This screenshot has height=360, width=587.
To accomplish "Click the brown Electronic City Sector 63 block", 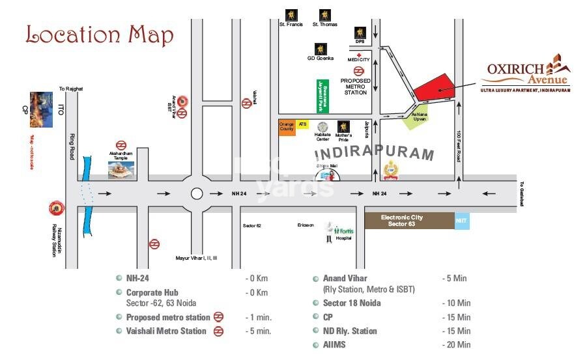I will click(x=408, y=221).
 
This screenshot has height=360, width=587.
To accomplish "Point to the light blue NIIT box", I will click(x=461, y=221).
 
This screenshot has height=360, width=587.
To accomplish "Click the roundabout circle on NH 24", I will click(x=197, y=193).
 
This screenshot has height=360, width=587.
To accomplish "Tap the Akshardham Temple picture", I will click(x=121, y=169).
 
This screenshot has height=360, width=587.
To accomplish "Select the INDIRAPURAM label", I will click(x=374, y=154).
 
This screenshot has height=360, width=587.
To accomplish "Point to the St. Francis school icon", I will click(x=289, y=14).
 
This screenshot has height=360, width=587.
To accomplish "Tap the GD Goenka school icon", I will click(x=321, y=49).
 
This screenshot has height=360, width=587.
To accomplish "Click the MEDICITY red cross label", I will click(x=358, y=57).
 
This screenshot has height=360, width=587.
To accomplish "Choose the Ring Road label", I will click(x=70, y=146).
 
